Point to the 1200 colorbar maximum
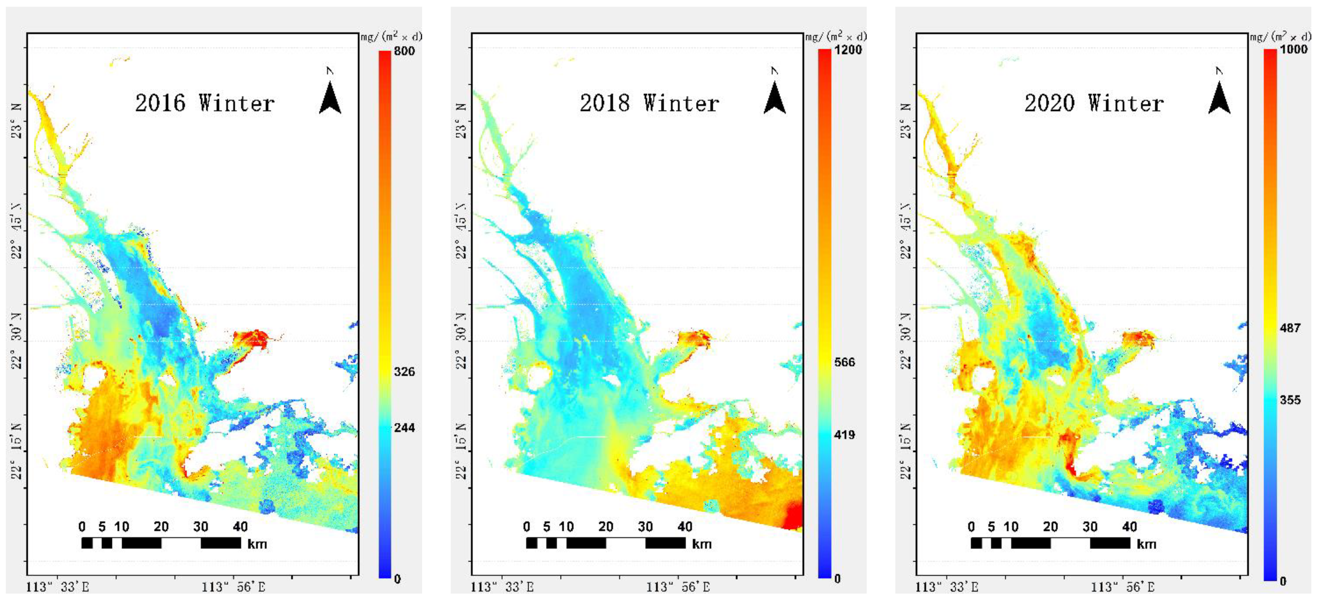[848, 50]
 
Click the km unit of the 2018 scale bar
[701, 544]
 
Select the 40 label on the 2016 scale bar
[240, 527]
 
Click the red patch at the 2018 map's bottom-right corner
[793, 516]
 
